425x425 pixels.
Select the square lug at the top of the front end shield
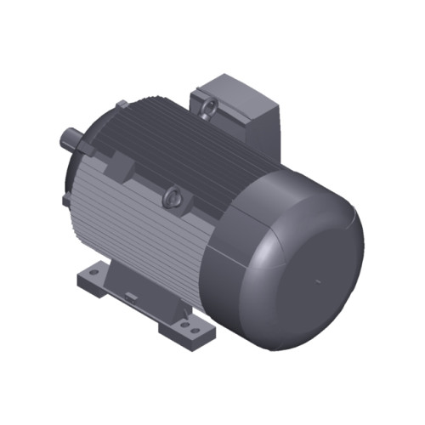(x=122, y=105)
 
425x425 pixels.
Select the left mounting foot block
(x=91, y=277)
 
